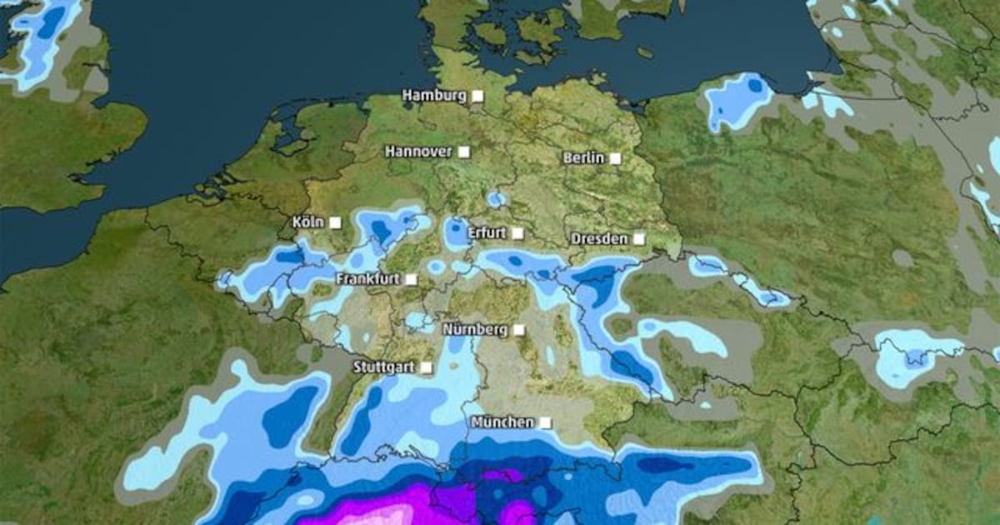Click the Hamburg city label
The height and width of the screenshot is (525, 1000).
(434, 96)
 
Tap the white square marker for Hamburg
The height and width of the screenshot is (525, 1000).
(477, 96)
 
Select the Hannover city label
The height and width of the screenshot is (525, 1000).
(418, 152)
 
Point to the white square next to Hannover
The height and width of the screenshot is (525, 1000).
(463, 152)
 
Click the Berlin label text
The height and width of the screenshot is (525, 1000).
(583, 157)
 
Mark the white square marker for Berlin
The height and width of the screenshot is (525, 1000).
(615, 157)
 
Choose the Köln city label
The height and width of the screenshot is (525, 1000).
(307, 222)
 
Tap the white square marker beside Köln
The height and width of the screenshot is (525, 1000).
(335, 222)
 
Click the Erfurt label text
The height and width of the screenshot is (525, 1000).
(487, 233)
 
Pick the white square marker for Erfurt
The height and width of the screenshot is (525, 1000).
(517, 233)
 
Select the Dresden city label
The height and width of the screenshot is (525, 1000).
(599, 239)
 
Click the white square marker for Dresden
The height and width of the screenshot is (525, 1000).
(638, 239)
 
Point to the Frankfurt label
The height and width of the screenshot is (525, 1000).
(367, 279)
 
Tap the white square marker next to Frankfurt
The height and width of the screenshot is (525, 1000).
(411, 279)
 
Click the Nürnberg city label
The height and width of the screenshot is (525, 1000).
(475, 329)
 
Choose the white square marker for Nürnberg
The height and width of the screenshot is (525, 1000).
(518, 329)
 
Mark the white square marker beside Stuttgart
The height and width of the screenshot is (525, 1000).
(426, 367)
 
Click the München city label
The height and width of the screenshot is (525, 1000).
(502, 422)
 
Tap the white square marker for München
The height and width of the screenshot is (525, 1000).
(545, 422)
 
